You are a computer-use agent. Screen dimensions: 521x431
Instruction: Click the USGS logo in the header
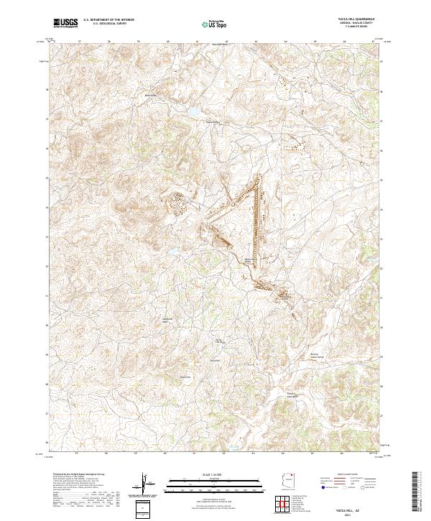tap(65, 23)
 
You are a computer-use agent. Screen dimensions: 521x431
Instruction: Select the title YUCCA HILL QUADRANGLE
tap(360, 20)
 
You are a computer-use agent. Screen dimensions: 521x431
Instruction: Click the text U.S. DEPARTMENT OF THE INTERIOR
tap(108, 20)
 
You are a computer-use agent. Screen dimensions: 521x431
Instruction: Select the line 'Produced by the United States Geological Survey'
tap(72, 476)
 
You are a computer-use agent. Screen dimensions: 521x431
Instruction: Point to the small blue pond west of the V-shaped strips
tap(173, 251)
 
